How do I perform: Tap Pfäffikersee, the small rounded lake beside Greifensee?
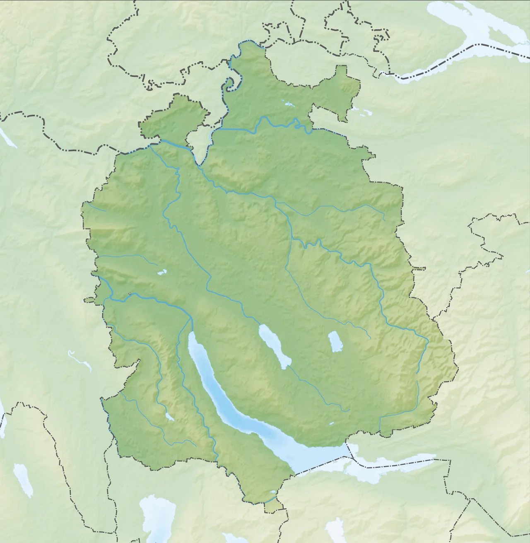tap(335, 341)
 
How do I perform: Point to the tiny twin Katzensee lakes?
tap(162, 272)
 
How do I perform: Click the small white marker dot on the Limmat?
tap(130, 294)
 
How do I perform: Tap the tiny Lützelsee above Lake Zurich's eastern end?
tap(331, 423)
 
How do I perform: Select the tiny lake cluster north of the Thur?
tap(287, 103)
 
